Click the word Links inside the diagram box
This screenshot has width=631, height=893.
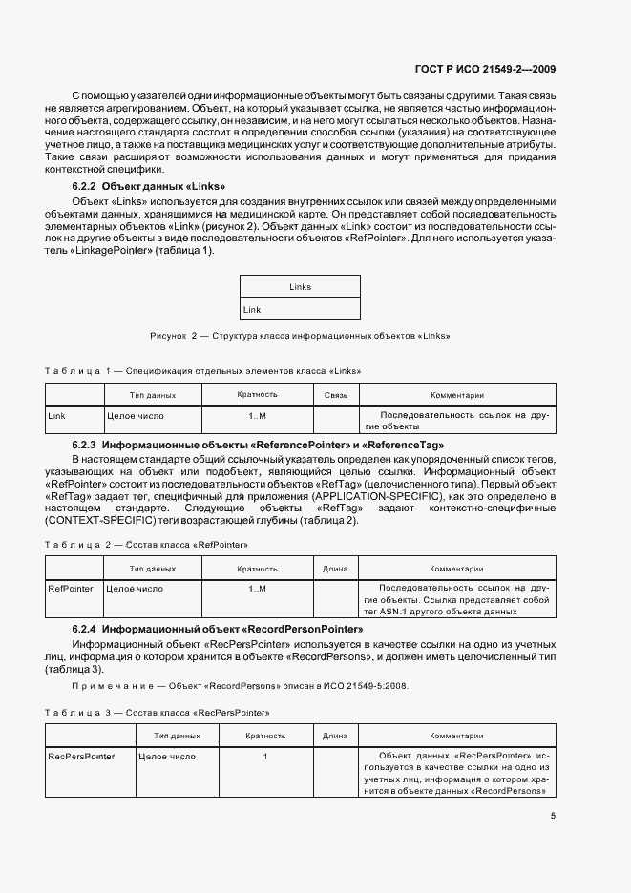point(300,287)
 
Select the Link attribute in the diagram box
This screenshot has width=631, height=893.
point(252,310)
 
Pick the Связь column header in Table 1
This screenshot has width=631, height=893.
point(336,394)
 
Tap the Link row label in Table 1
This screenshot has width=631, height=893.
point(57,416)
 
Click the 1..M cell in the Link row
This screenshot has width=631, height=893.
point(257,416)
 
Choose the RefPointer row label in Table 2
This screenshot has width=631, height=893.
point(71,589)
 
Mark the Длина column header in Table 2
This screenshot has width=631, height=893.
point(335,569)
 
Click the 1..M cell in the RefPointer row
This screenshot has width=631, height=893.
point(257,589)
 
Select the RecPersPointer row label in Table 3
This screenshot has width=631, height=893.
point(81,757)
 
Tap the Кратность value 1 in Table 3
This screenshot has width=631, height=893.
point(265,757)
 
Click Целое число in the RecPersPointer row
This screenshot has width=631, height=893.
point(167,757)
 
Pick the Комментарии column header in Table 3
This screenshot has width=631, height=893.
point(456,736)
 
